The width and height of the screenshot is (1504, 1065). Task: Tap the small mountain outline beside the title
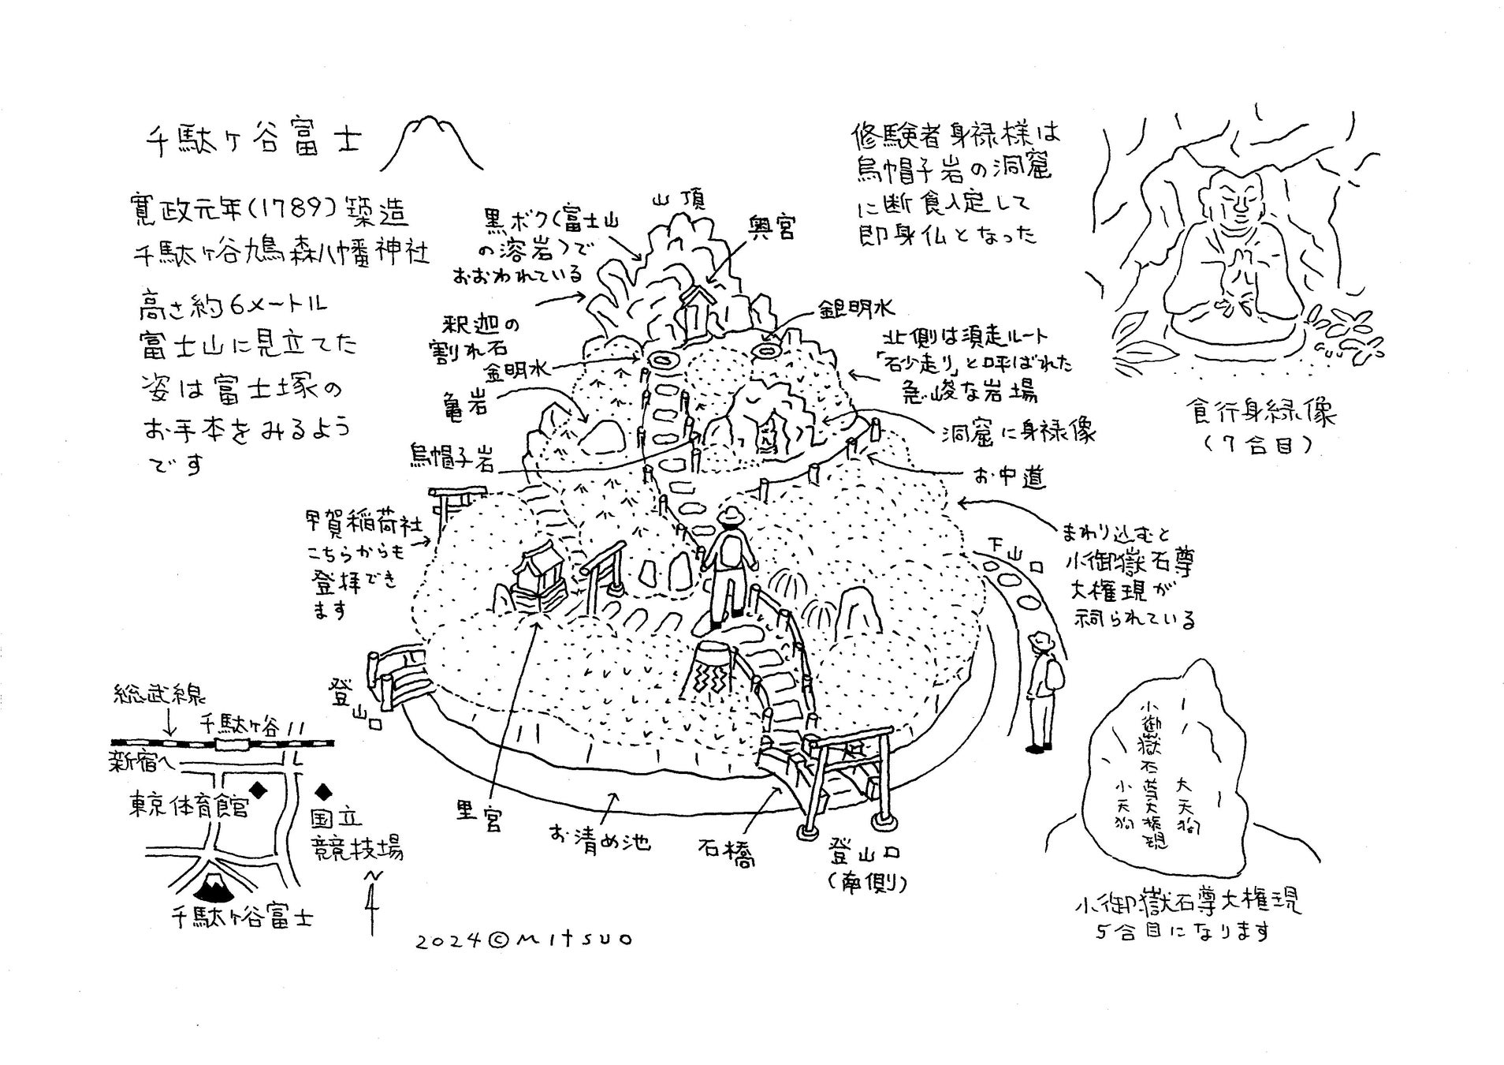[432, 144]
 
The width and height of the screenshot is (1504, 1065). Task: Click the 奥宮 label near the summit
[771, 227]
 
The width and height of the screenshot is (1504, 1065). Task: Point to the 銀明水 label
[855, 308]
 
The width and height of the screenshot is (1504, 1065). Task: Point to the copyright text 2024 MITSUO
[523, 940]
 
